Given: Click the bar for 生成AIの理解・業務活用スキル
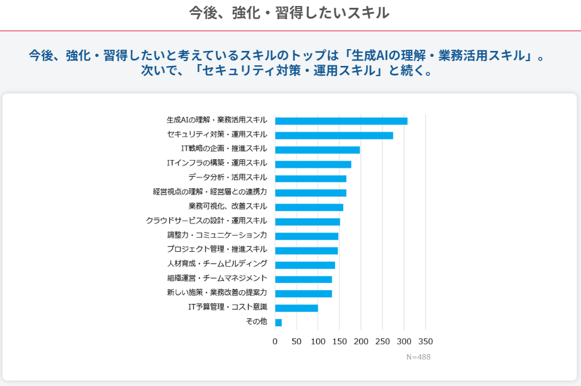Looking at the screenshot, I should coord(341,121).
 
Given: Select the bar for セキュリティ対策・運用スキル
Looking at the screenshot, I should coord(334,135).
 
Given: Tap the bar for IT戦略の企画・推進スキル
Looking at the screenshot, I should coord(317,150).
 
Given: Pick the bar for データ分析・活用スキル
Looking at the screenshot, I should coord(311,179).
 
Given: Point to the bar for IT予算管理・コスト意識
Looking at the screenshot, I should coord(296,308).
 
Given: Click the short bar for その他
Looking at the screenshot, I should coord(278,322).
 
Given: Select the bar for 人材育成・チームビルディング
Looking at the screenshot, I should coord(305,265).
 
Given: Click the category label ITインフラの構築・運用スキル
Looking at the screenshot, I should coord(217,163).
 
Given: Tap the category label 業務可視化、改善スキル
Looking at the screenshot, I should coord(227,206).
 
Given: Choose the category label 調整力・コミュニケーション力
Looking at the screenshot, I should coord(217,235).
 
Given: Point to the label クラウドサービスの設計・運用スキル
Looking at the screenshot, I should coord(206,221).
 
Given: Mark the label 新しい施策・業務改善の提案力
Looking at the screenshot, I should coord(217,292).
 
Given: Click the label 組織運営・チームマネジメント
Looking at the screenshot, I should coord(217,278).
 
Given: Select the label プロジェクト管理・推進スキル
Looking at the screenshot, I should coord(217,249).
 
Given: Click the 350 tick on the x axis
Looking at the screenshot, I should coord(425,342).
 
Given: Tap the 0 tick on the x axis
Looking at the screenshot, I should coord(275,342).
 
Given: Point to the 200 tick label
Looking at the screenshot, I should coord(361,342).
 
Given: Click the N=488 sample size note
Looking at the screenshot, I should coord(418,357).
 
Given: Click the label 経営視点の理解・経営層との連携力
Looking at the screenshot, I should coord(210,192).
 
